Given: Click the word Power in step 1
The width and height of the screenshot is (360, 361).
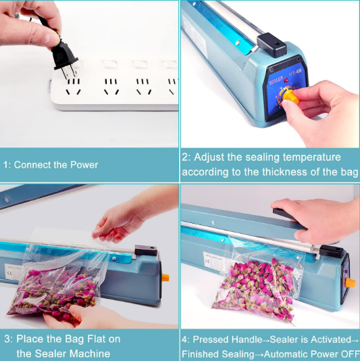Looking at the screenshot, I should click(84, 164).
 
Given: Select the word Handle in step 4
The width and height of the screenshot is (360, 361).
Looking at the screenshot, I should click(246, 339).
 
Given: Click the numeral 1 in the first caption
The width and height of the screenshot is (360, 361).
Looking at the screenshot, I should click(6, 164).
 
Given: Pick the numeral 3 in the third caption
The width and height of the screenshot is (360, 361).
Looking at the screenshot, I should click(6, 339).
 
